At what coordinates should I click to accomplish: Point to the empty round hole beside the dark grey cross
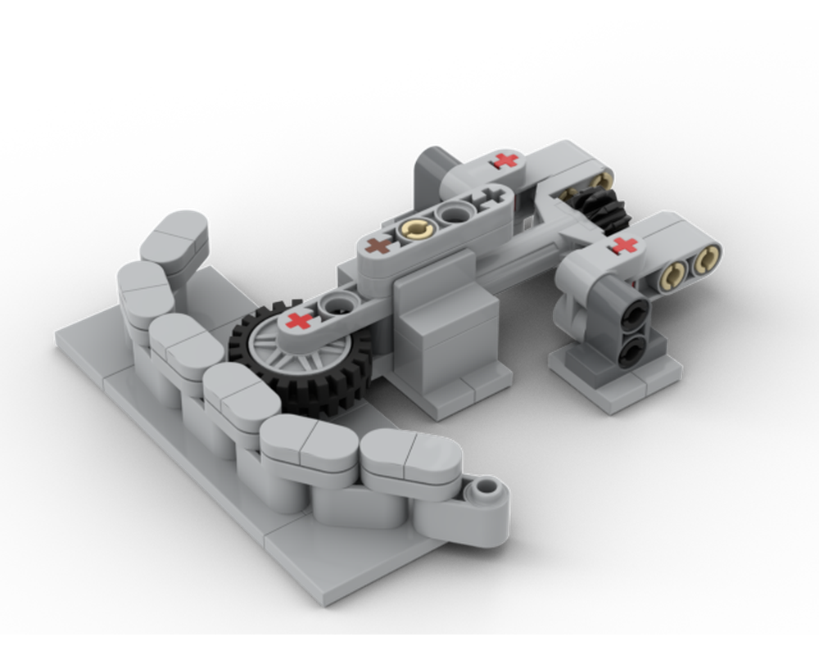pos(451,215)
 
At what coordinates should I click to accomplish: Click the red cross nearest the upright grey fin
pos(508,160)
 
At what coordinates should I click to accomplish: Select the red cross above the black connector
pos(624,245)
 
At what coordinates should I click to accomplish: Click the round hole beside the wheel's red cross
pos(335,305)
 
